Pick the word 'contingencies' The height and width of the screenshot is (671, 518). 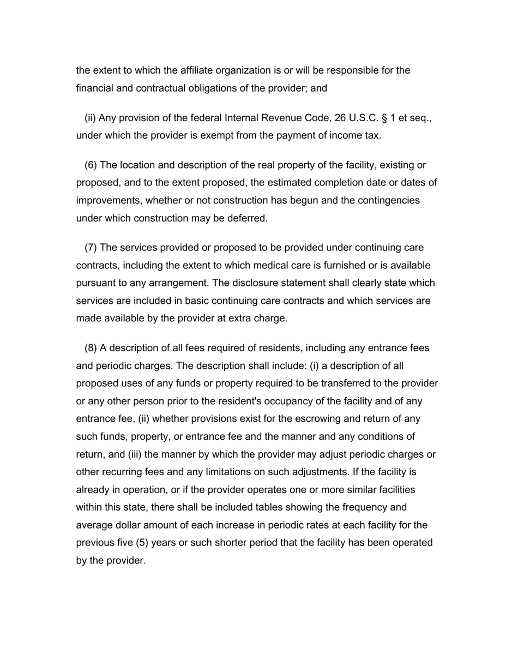click(389, 200)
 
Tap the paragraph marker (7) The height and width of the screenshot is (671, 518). click(91, 248)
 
